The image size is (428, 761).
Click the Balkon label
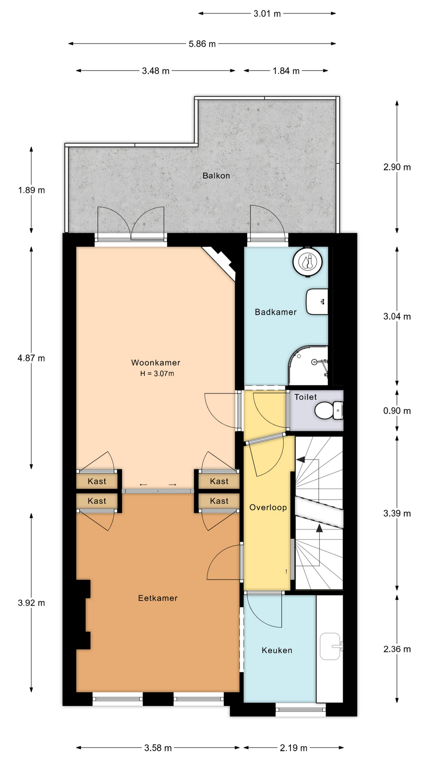[x=216, y=176]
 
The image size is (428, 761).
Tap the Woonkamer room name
[x=156, y=363]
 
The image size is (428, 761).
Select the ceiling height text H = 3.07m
[x=157, y=373]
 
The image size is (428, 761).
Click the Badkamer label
[x=276, y=312]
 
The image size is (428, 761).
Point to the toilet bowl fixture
[x=329, y=410]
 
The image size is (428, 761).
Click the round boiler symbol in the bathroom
[x=308, y=262]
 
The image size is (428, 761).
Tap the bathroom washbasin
[x=317, y=302]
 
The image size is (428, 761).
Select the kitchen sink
[x=331, y=646]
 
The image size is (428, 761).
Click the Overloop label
[x=268, y=507]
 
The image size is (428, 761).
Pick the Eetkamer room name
[x=158, y=598]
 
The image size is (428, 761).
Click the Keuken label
[x=277, y=650]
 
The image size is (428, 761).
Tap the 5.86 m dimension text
[x=202, y=44]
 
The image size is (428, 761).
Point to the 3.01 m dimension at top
[x=267, y=13]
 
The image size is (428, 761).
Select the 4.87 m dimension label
[x=31, y=358]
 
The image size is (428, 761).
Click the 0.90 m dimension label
[x=397, y=411]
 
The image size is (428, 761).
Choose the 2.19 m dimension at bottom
[x=294, y=748]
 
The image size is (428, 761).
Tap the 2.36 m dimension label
[x=397, y=649]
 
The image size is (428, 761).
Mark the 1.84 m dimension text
[x=286, y=71]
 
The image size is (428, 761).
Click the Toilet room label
[x=306, y=397]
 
